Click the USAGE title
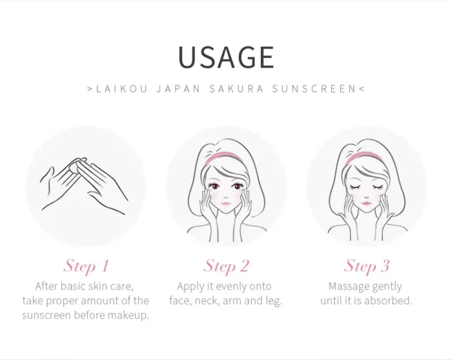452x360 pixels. click(226, 57)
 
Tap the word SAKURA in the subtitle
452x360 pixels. click(236, 89)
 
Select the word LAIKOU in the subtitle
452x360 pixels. click(121, 89)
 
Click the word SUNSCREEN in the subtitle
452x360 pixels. click(314, 89)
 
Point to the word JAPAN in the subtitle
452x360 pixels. click(178, 89)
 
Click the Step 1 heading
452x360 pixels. click(86, 266)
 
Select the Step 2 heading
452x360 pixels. click(226, 266)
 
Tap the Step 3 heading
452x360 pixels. click(366, 266)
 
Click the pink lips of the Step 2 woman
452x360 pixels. click(226, 204)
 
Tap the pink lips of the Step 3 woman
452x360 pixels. click(366, 203)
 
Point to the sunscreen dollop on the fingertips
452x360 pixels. click(78, 165)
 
